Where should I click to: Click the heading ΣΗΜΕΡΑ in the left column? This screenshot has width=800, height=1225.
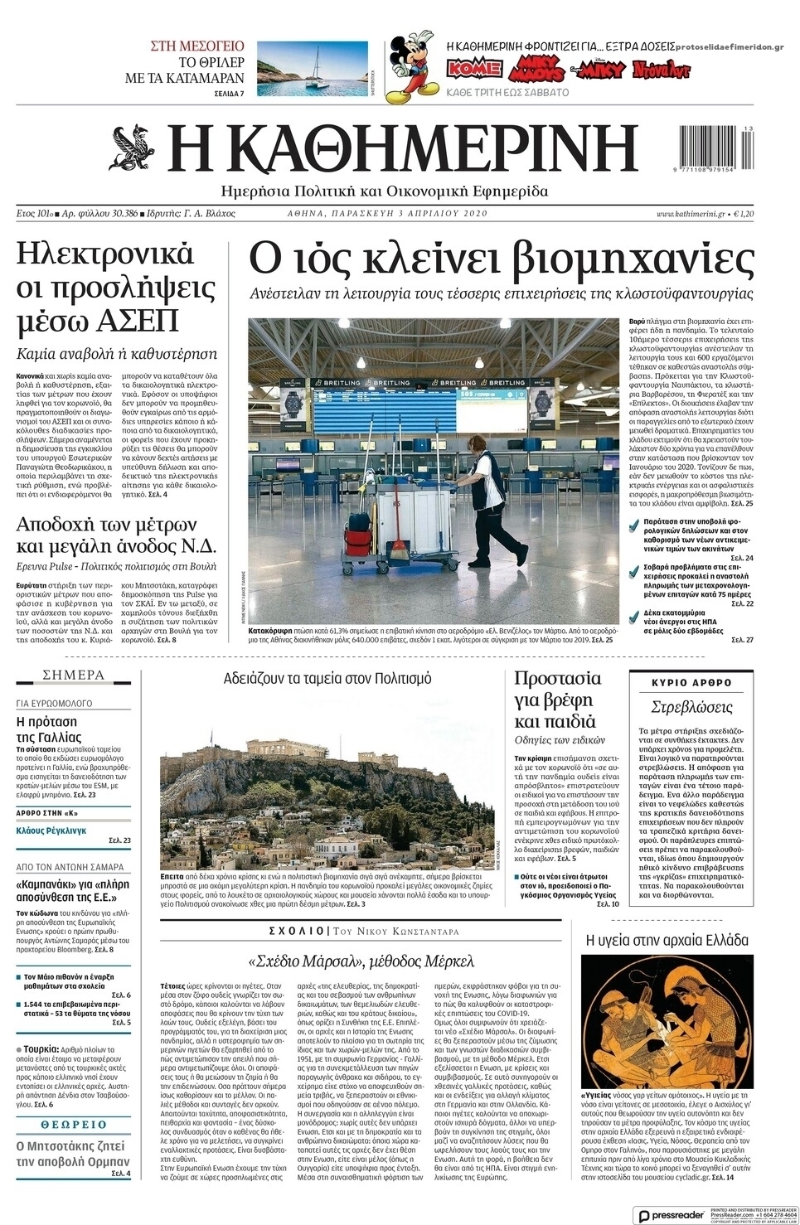point(73,675)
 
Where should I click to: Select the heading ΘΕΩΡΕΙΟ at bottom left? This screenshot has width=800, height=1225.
point(73,1125)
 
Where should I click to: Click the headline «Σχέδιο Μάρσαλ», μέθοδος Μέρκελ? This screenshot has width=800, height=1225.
point(361,961)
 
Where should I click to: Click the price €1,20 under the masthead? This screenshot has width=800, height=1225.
point(742,214)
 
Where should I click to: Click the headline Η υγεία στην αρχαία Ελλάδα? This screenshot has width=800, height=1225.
point(667,940)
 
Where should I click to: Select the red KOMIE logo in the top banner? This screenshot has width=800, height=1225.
point(474,67)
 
